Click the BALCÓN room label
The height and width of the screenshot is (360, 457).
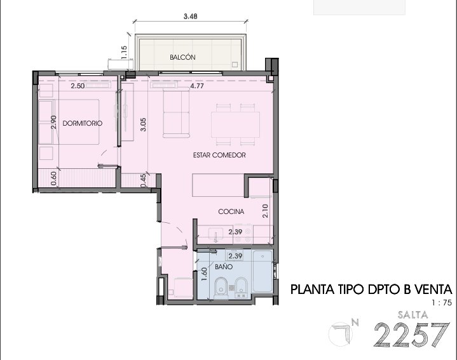click(x=182, y=57)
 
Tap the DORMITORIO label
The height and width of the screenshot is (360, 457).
click(x=83, y=123)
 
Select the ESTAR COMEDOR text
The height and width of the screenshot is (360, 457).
click(x=219, y=155)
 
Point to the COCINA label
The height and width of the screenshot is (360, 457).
click(x=231, y=211)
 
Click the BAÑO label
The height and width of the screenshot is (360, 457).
click(x=224, y=266)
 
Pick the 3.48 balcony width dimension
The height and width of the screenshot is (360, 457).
click(x=190, y=17)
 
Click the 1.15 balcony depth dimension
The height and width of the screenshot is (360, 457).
click(x=124, y=53)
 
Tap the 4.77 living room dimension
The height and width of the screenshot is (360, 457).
click(x=197, y=86)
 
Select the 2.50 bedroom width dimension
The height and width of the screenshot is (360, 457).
click(x=78, y=86)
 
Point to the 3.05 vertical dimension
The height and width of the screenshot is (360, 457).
click(x=143, y=124)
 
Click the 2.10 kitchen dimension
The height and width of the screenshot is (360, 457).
click(x=265, y=211)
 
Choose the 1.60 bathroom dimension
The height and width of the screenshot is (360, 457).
click(x=204, y=274)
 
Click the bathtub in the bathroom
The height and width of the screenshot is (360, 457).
click(x=263, y=271)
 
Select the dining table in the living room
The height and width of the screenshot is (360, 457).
click(x=236, y=124)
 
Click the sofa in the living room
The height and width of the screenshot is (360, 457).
click(x=176, y=112)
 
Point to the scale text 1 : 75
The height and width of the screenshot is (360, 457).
click(x=442, y=303)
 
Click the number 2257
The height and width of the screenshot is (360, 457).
click(x=412, y=335)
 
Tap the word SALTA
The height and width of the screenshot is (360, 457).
click(x=413, y=314)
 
